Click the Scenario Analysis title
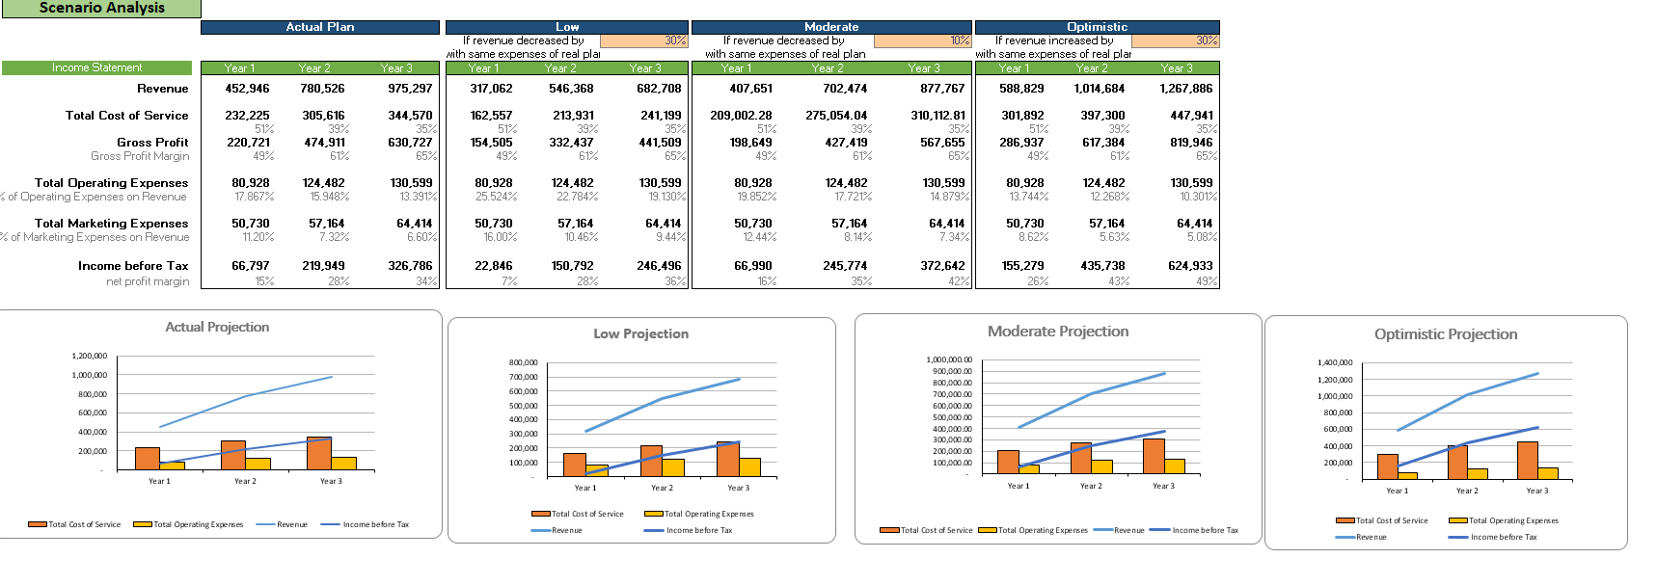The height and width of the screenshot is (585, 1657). tap(101, 8)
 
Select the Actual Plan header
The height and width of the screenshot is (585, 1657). tap(319, 27)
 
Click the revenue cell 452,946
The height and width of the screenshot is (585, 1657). tap(247, 89)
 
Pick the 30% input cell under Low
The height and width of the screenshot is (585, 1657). tap(643, 40)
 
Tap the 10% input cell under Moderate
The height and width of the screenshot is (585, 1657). tap(922, 40)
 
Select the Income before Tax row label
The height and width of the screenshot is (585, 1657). tap(133, 266)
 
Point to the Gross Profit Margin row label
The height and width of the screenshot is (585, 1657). tap(140, 156)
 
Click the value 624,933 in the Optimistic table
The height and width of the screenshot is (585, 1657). tap(1189, 266)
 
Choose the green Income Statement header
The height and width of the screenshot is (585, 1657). tap(96, 67)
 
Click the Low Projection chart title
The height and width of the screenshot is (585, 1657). tap(640, 333)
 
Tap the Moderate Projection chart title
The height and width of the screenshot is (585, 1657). tap(1057, 331)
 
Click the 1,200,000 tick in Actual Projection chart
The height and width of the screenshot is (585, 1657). tap(90, 356)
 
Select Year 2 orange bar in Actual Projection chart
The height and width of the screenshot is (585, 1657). tap(233, 455)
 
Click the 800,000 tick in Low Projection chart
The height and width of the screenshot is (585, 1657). tap(524, 362)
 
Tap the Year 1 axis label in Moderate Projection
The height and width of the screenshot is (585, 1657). tap(1019, 486)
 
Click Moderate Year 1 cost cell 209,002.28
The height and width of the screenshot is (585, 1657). tap(741, 116)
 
